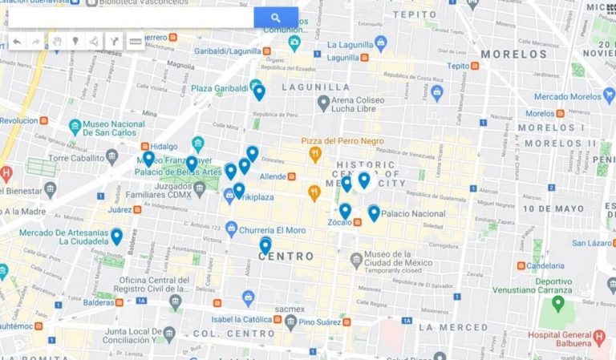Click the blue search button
tap(275, 18)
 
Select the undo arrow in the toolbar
tap(17, 41)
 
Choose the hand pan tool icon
tap(57, 41)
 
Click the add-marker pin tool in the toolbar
tap(76, 41)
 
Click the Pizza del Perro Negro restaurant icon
tap(315, 154)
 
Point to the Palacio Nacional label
tap(412, 214)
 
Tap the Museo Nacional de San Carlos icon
tap(75, 127)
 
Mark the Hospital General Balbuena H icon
tap(599, 337)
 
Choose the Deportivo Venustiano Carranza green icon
tap(557, 304)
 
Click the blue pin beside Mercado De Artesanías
tap(117, 236)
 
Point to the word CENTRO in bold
tap(286, 257)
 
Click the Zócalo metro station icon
tap(357, 222)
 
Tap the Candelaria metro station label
tap(549, 265)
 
